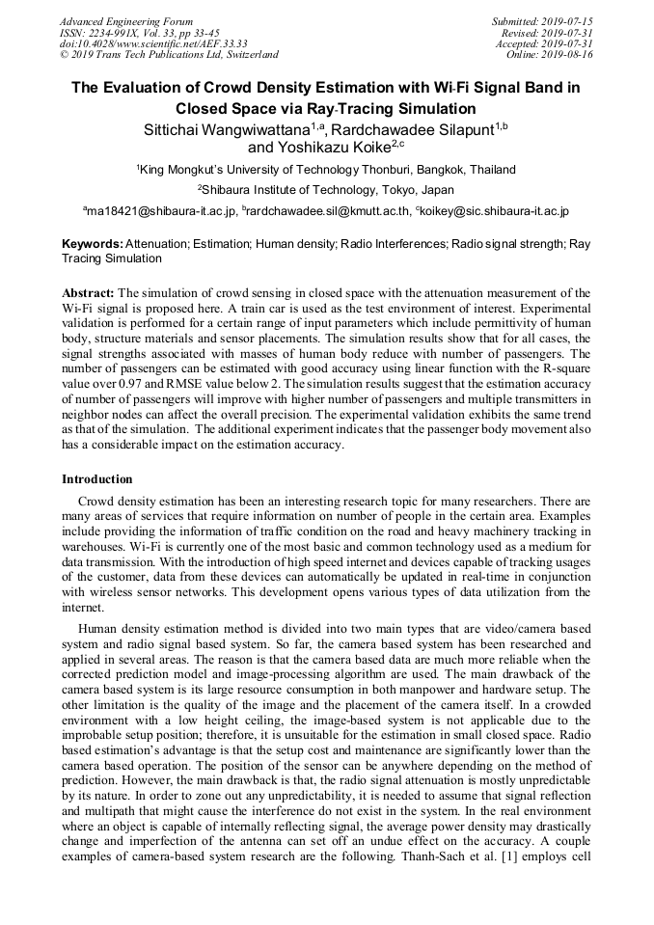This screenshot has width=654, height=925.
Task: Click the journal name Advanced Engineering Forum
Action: click(125, 21)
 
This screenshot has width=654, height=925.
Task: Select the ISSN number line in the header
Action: click(139, 33)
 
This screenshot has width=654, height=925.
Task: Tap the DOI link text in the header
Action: click(153, 44)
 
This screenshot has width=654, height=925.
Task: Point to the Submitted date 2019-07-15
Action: click(542, 21)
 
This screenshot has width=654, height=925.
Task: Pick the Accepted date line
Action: click(544, 44)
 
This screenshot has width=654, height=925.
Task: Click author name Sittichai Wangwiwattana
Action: click(218, 128)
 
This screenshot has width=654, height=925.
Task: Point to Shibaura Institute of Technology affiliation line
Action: click(326, 190)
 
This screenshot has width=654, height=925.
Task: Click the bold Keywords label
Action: click(93, 245)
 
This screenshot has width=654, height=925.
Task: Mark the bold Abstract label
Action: click(89, 292)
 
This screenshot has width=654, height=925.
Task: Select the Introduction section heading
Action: click(97, 479)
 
